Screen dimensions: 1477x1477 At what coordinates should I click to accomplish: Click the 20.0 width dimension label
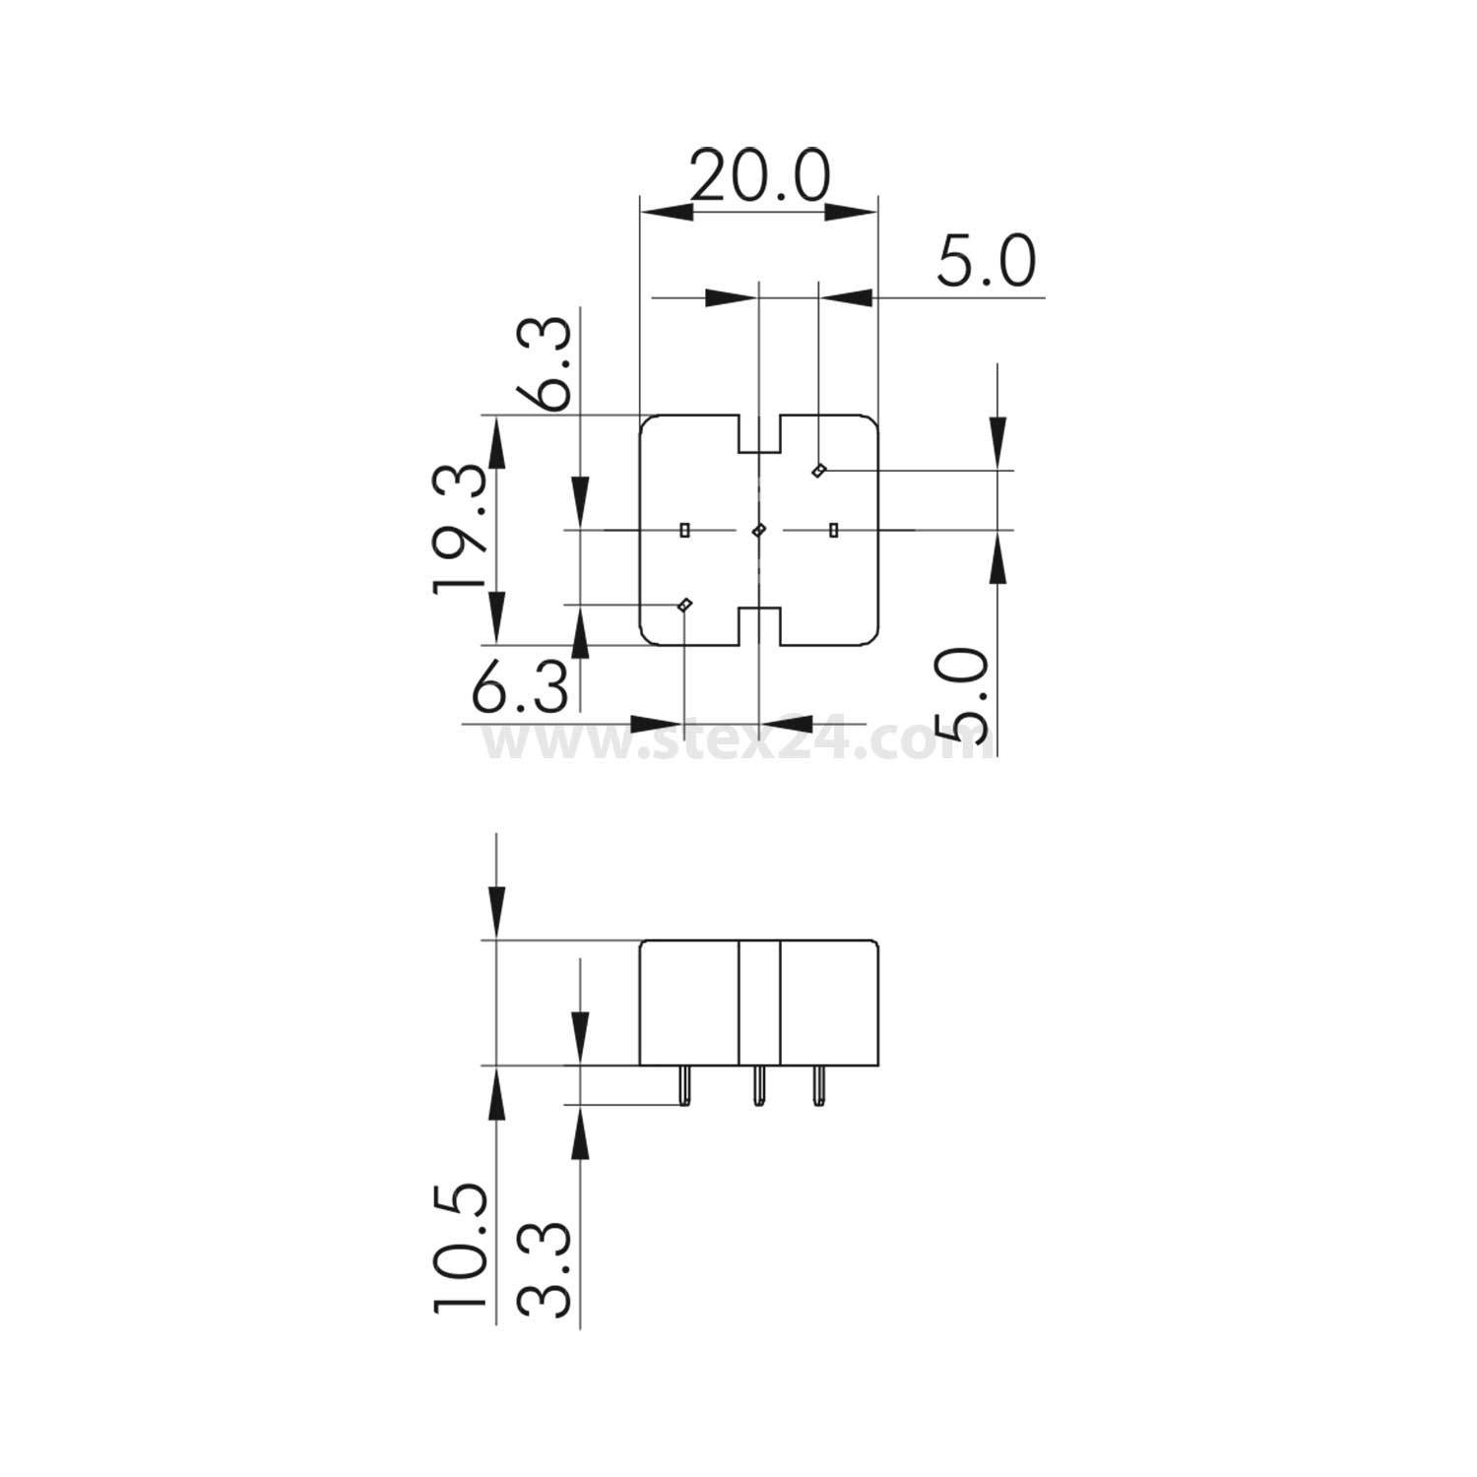click(x=759, y=177)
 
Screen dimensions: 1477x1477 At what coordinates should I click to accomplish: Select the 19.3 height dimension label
click(x=460, y=528)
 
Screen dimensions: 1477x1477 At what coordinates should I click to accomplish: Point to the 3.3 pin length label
click(x=544, y=1269)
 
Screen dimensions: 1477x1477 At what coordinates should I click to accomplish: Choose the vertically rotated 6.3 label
click(x=544, y=361)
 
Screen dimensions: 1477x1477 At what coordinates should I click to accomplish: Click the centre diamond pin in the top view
click(x=758, y=531)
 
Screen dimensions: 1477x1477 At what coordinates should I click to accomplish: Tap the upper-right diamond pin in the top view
click(x=818, y=471)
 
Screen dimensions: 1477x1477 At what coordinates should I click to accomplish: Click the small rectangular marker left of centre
click(x=684, y=531)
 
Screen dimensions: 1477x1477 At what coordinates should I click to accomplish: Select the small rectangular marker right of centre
click(x=834, y=531)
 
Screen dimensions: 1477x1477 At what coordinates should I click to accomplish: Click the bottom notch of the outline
click(x=759, y=626)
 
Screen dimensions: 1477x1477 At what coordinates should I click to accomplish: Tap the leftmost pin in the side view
click(x=683, y=1085)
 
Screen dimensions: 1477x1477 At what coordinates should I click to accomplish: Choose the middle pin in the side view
click(x=758, y=1085)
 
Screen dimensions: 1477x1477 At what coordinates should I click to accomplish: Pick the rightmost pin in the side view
click(x=816, y=1085)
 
